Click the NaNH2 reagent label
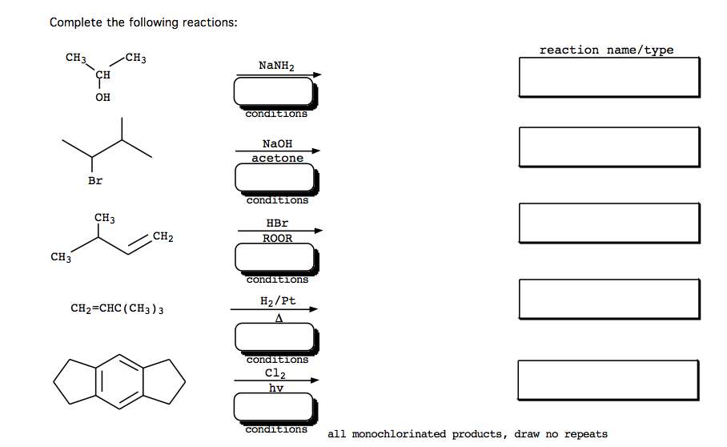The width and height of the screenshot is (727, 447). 276,65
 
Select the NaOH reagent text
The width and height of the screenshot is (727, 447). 277,143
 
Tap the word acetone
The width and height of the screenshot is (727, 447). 277,158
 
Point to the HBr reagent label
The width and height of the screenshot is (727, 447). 277,223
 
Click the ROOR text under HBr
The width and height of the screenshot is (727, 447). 277,238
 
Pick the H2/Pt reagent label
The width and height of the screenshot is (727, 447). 278,300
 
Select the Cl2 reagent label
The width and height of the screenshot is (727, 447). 275,373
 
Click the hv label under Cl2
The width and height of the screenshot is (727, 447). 275,388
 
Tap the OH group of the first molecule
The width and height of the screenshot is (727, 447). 102,97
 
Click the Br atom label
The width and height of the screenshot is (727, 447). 95,181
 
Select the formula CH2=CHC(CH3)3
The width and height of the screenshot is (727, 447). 118,308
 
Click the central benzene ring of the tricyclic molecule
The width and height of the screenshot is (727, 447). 120,379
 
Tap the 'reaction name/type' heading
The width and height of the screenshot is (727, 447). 606,50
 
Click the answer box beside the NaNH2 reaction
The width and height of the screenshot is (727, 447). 609,77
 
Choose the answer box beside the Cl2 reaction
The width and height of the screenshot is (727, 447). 609,379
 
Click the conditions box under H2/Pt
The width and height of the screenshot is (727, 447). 275,337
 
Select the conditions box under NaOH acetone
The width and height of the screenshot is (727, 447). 275,178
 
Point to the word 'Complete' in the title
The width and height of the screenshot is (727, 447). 76,22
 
